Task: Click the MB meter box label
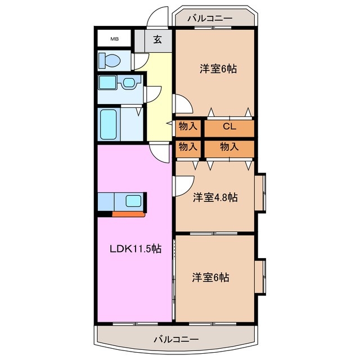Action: [114, 39]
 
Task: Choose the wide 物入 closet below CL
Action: [229, 147]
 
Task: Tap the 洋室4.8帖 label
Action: [215, 197]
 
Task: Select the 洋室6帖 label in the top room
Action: [218, 69]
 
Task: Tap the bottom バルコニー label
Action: [176, 340]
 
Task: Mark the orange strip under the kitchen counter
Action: [129, 214]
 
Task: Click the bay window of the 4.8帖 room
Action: [261, 193]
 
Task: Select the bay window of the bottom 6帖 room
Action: [261, 277]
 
